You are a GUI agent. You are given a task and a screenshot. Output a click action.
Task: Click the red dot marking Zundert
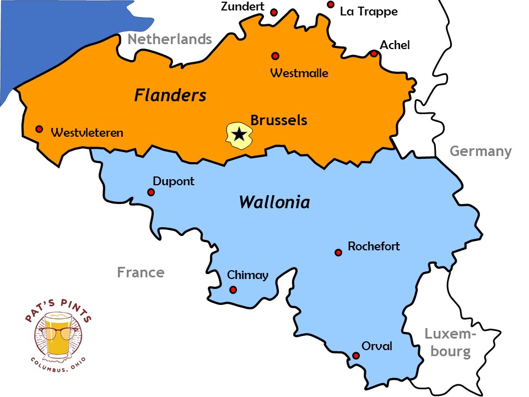click(274, 12)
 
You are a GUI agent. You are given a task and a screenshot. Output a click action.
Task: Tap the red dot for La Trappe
click(331, 4)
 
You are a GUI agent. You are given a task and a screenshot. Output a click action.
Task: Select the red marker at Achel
click(374, 53)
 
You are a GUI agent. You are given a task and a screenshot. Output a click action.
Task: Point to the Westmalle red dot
click(275, 56)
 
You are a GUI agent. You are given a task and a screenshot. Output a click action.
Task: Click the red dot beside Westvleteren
click(39, 129)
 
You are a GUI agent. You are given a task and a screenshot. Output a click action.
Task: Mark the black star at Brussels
click(239, 134)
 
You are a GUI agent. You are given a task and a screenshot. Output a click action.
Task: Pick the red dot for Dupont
click(151, 192)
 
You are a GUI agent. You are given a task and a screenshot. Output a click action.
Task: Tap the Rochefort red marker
click(338, 253)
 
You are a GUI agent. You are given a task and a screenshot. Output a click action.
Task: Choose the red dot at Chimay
click(233, 289)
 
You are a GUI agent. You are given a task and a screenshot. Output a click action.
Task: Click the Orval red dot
click(356, 356)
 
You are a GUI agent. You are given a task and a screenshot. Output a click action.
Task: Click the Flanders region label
click(170, 95)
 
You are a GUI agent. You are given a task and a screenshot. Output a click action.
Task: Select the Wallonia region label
click(274, 202)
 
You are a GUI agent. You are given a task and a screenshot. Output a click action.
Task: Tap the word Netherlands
click(170, 39)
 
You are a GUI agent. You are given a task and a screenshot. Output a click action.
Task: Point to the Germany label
click(481, 151)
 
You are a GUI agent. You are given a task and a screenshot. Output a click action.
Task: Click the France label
click(141, 272)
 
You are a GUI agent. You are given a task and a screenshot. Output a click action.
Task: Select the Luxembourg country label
click(450, 342)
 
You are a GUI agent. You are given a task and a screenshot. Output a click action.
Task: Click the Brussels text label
click(279, 120)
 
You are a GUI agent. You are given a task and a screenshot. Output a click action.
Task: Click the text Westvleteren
click(87, 132)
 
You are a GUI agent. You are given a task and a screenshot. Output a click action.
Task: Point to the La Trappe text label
click(369, 12)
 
